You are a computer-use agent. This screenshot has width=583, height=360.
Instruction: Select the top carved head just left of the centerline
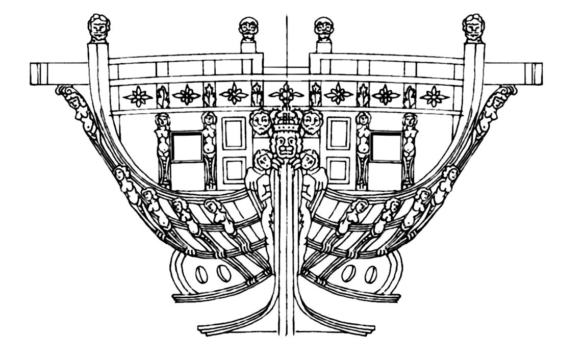(248, 29)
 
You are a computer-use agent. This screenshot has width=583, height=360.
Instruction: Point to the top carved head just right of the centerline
(323, 29)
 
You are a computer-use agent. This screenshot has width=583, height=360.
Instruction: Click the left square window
(187, 147)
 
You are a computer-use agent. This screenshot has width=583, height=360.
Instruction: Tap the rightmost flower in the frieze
(434, 95)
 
